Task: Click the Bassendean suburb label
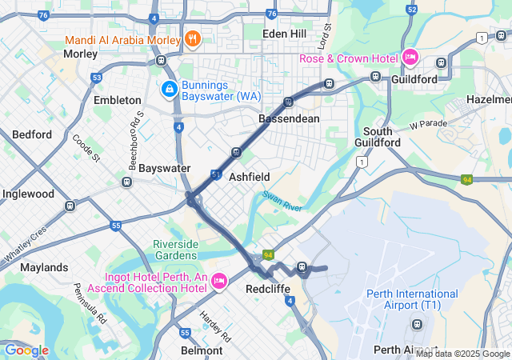coord(289,118)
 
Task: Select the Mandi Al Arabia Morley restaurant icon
coord(192,38)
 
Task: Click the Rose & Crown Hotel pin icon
coord(410,56)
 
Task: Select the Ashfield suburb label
coord(250,176)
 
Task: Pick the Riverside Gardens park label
coord(181,250)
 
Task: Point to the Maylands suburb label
coord(44,267)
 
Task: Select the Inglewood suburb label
coord(28,194)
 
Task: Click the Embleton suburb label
coord(117,100)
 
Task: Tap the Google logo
coord(26,350)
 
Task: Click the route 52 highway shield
coord(412,10)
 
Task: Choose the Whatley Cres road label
coord(26,244)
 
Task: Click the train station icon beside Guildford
coord(375,77)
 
